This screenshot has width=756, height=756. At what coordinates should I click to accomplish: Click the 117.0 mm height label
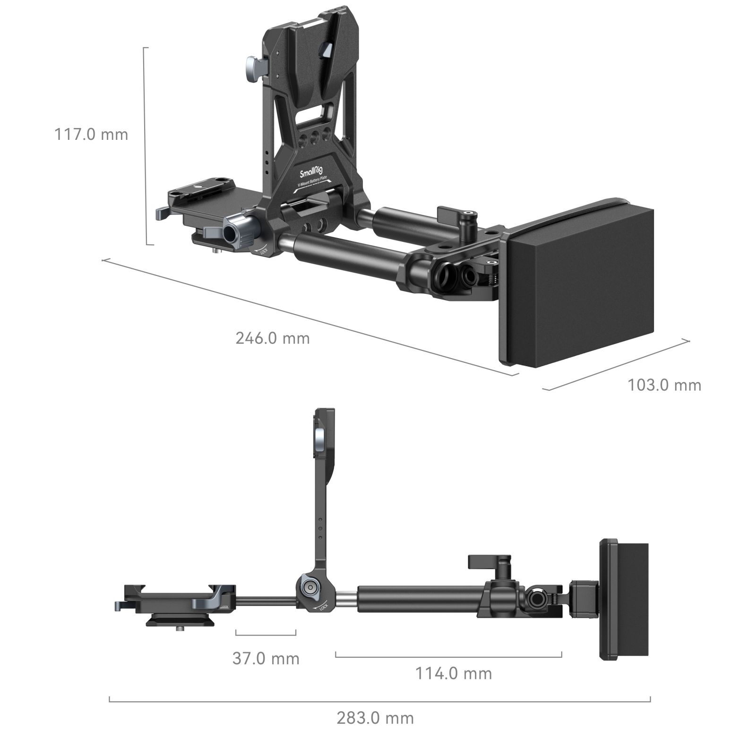91,134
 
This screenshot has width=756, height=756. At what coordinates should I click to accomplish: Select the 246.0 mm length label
273,338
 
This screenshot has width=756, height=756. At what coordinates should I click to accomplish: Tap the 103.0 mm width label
664,385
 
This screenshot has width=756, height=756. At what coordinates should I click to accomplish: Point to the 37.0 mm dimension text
266,658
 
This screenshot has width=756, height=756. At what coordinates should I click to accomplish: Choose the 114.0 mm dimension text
453,673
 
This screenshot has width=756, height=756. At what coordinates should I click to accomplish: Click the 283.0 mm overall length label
375,718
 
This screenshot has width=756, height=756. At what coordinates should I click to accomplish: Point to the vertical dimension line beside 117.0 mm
146,146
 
